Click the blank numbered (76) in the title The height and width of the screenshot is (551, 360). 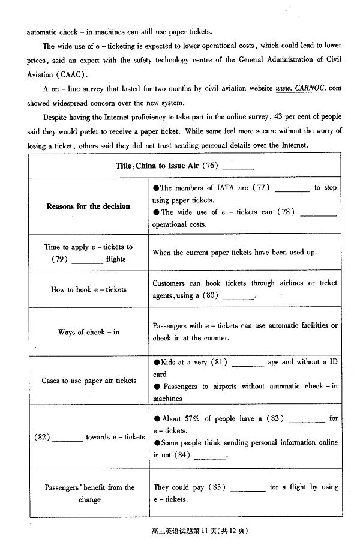pyautogui.click(x=238, y=168)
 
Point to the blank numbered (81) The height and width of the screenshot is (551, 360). pyautogui.click(x=248, y=364)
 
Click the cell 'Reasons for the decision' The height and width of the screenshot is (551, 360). pyautogui.click(x=88, y=206)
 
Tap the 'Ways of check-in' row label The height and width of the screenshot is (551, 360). pyautogui.click(x=88, y=332)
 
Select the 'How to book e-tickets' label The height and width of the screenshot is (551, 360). pyautogui.click(x=88, y=289)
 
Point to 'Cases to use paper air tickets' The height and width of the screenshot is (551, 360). pyautogui.click(x=88, y=381)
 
